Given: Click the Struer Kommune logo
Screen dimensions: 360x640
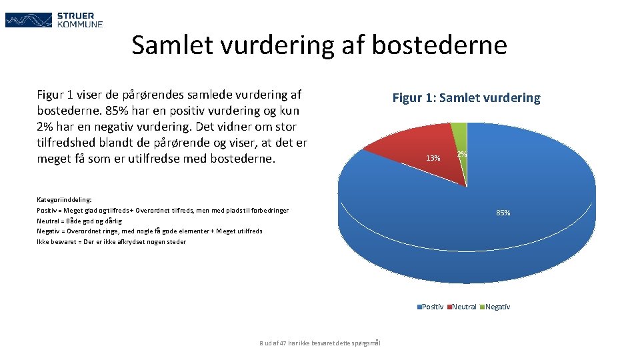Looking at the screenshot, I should coord(54,20).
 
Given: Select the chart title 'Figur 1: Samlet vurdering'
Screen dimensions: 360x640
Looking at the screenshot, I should coord(466,98).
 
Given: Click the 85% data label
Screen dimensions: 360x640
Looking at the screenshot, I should coord(503,213).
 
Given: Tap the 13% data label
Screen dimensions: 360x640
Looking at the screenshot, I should coord(433,158).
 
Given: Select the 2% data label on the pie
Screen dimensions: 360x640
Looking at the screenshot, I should coord(461,155).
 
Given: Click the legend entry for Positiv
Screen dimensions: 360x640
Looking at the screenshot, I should coord(430,307).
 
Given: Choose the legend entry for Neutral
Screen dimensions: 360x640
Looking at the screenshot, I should coord(463,307).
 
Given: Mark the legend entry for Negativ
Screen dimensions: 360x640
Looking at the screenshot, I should coord(496,307).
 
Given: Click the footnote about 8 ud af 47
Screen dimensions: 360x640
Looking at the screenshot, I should coord(320,343).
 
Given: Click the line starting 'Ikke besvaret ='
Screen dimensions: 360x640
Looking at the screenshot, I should coord(111,241).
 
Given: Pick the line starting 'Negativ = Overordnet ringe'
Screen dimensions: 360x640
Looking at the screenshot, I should coord(149,231).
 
